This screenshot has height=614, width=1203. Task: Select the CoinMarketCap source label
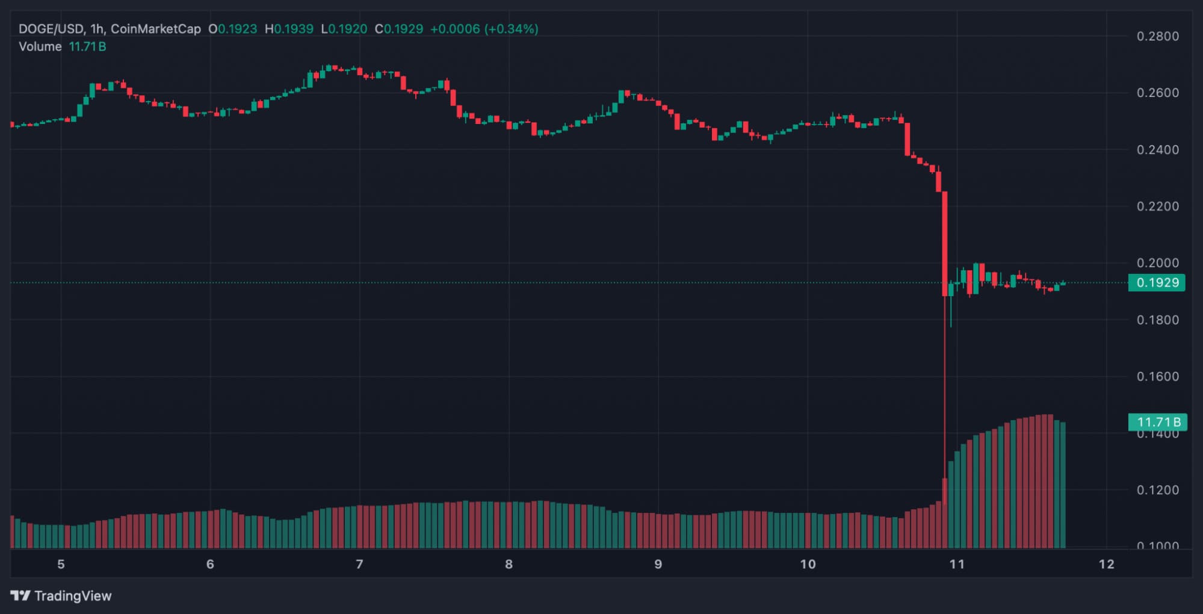coord(155,29)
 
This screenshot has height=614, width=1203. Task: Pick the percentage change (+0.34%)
coord(512,29)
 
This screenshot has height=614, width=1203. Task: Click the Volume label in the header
coord(40,47)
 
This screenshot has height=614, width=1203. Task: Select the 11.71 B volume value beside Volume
coord(87,47)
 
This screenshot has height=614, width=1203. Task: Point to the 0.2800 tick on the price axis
coord(1157,36)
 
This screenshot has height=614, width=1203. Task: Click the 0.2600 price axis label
coord(1157,93)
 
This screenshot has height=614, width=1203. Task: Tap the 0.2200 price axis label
coord(1157,206)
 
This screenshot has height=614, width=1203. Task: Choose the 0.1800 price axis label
coord(1157,320)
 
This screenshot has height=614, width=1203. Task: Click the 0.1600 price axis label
coord(1157,377)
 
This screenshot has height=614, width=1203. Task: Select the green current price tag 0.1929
coord(1157,283)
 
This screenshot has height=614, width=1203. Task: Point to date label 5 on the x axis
coord(61,565)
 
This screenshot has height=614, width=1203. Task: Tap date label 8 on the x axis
coord(509,565)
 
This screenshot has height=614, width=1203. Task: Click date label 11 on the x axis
coord(957,565)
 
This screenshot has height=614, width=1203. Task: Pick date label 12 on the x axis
coord(1106,565)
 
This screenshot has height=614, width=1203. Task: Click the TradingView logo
coord(61,596)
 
